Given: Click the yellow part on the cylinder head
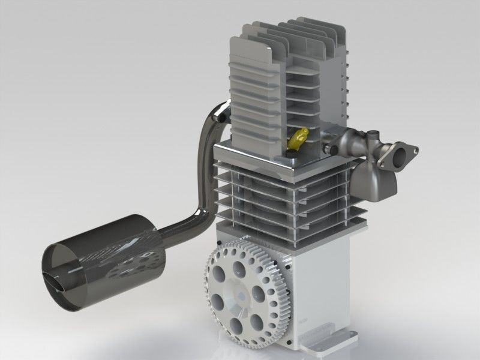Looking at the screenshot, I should (x=298, y=139).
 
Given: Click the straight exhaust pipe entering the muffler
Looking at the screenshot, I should (x=180, y=231).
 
